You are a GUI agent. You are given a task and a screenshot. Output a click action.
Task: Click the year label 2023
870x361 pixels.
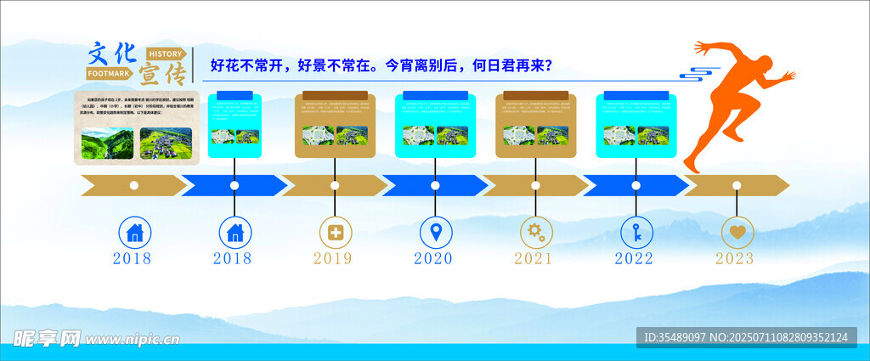pos(736,258)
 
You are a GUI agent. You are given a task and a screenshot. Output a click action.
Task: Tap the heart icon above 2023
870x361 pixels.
pos(737,231)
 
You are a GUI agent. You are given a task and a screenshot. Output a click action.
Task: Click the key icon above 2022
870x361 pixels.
pos(636,231)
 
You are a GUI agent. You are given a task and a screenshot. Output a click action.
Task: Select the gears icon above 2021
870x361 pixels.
pos(536,231)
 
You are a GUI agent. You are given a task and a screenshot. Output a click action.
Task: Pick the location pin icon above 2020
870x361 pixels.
pos(436,231)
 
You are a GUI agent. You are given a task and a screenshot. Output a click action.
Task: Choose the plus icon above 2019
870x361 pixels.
pos(336,231)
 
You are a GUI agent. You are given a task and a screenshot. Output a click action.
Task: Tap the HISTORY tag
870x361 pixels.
pos(165,54)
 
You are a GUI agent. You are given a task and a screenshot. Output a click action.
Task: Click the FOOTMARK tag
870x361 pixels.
pos(110,74)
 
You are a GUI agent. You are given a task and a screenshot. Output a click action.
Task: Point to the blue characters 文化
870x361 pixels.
pos(112,53)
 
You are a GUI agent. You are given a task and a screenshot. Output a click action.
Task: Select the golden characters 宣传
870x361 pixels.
pos(161,75)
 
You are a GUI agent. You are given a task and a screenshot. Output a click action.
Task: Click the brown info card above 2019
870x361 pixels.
pos(335,126)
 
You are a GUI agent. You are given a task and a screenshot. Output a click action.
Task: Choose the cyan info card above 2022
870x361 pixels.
pos(636,126)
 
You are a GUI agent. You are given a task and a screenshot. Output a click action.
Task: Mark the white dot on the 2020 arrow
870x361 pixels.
pos(435,185)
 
